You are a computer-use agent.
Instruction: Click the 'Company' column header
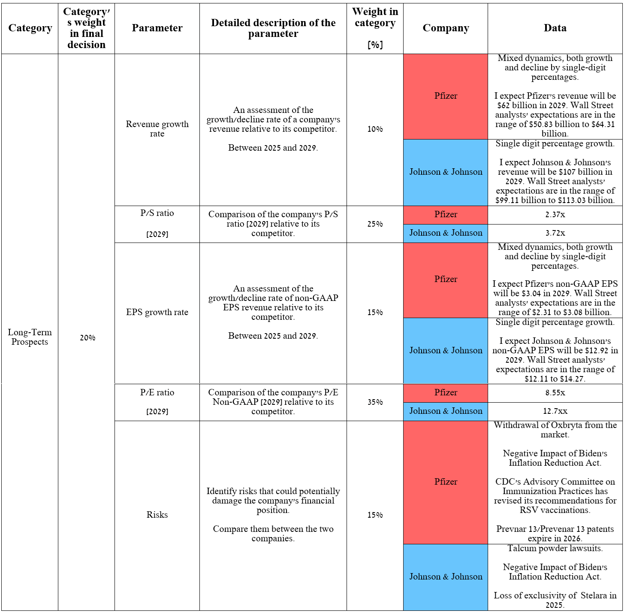point(446,28)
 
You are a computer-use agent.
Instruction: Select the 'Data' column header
point(555,28)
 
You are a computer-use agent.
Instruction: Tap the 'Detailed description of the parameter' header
point(273,28)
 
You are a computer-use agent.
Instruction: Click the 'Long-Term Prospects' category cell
point(30,337)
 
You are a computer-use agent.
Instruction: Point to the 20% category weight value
point(87,338)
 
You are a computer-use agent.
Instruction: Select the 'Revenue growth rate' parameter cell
point(157,129)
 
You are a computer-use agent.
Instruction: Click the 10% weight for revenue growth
point(375,129)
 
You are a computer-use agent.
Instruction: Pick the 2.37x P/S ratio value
point(555,215)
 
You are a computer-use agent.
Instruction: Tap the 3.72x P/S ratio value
point(555,233)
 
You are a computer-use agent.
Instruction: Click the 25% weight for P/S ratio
point(375,224)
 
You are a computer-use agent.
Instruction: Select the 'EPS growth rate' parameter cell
point(157,313)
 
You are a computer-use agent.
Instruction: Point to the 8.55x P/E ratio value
point(555,393)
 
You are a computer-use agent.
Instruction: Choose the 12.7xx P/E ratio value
point(555,411)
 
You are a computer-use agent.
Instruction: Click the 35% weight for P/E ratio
point(375,402)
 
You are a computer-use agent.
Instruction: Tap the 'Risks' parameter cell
point(157,515)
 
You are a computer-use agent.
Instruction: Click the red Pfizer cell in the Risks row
point(446,482)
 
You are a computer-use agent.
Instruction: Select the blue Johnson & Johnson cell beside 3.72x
point(446,233)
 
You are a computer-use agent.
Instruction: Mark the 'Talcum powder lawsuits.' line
point(555,549)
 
